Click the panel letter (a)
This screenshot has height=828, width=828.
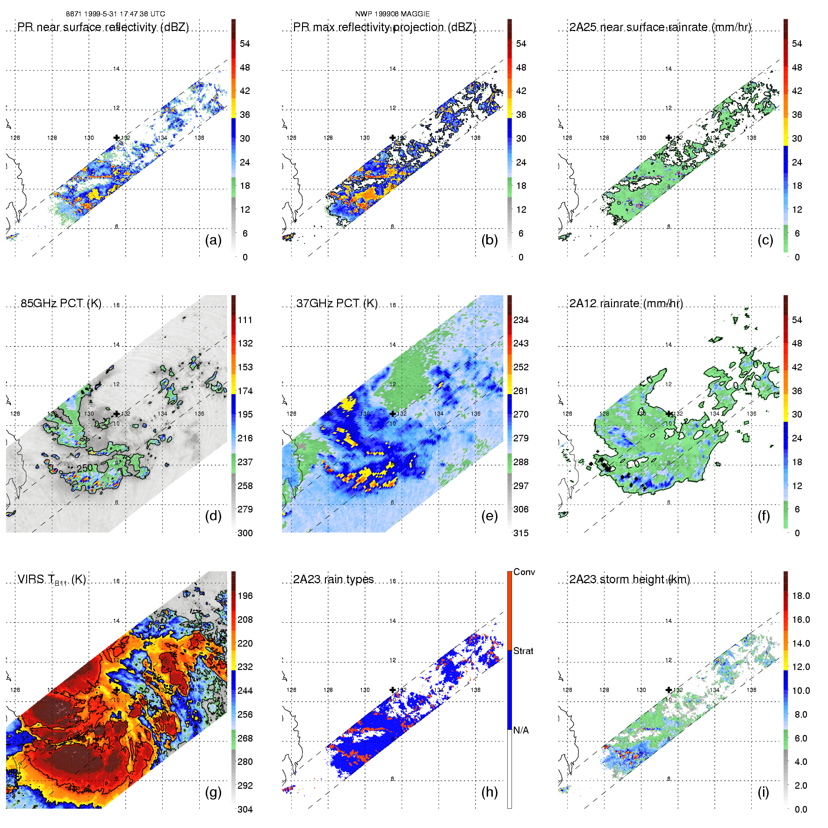pyautogui.click(x=213, y=240)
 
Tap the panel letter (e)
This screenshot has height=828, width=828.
pyautogui.click(x=489, y=516)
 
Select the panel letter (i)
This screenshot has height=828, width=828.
pyautogui.click(x=763, y=792)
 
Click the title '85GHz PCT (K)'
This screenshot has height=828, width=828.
pyautogui.click(x=61, y=303)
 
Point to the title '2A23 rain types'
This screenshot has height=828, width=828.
pyautogui.click(x=333, y=579)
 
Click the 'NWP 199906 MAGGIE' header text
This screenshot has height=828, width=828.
pyautogui.click(x=392, y=14)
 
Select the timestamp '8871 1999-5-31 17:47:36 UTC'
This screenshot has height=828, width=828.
pyautogui.click(x=115, y=14)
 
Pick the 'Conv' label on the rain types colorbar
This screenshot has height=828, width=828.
pyautogui.click(x=524, y=572)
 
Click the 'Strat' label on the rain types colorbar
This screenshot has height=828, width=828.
pyautogui.click(x=523, y=651)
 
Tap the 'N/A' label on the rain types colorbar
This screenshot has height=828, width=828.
pyautogui.click(x=521, y=730)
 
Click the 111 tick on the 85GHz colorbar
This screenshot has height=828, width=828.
pyautogui.click(x=245, y=320)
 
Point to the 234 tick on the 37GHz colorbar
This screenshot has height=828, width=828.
pyautogui.click(x=521, y=320)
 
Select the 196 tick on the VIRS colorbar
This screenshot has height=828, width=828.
pyautogui.click(x=245, y=596)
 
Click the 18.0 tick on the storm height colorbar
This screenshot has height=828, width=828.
pyautogui.click(x=801, y=596)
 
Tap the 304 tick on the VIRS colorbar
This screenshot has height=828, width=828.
pyautogui.click(x=245, y=809)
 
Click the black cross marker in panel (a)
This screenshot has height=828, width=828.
pyautogui.click(x=116, y=137)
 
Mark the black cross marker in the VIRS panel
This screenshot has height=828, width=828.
pyautogui.click(x=116, y=690)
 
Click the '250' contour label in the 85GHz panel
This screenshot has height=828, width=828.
pyautogui.click(x=85, y=468)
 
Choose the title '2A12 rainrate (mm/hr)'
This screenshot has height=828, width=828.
pyautogui.click(x=626, y=303)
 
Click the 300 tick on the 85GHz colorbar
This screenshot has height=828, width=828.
pyautogui.click(x=245, y=533)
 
